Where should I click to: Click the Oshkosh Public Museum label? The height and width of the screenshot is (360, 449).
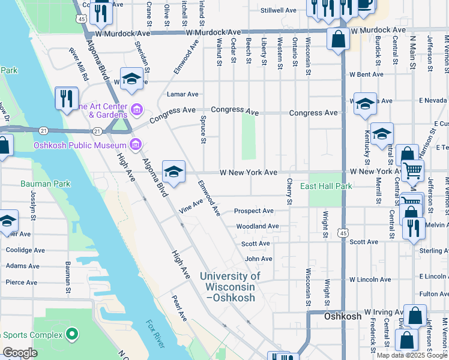click(x=84, y=145)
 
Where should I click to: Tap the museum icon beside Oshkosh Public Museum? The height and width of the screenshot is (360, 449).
click(x=136, y=145)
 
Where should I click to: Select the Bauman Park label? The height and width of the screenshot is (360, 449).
click(x=45, y=184)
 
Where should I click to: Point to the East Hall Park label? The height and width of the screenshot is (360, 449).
click(x=326, y=186)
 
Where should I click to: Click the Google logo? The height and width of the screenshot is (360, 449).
click(x=20, y=353)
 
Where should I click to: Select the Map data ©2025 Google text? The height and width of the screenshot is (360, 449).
click(x=412, y=355)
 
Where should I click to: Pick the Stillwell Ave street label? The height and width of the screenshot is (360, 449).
click(x=279, y=11)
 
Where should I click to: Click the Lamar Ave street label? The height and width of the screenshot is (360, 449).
click(x=182, y=94)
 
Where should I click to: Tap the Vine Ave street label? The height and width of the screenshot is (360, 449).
click(x=191, y=206)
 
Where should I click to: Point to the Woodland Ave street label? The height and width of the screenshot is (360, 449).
click(x=257, y=226)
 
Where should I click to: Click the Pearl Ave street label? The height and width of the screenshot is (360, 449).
click(x=179, y=308)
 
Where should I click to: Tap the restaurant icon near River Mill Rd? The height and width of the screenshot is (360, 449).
click(x=67, y=97)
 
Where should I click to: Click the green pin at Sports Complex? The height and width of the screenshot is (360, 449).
click(x=72, y=333)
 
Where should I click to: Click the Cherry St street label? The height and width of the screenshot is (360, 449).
click(x=289, y=191)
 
